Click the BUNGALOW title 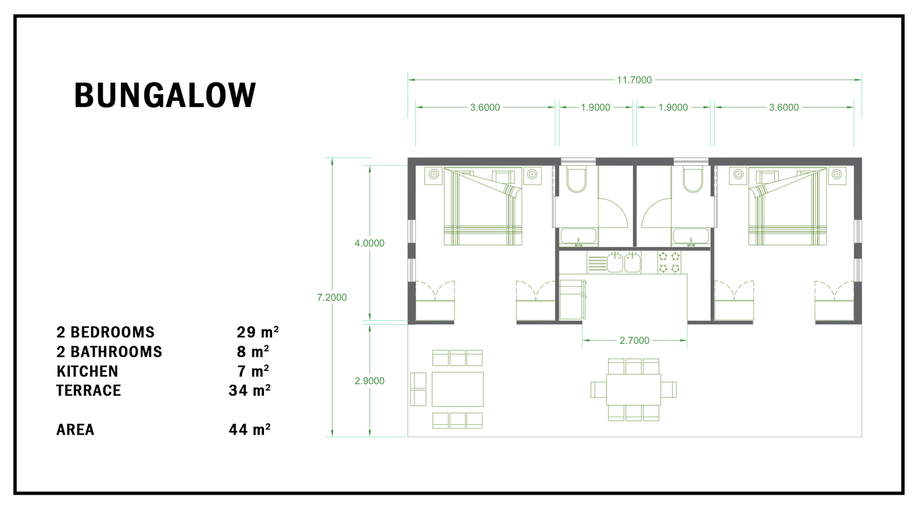point(165,95)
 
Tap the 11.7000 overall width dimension point(634,80)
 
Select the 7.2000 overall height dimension point(332,298)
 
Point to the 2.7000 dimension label point(635,341)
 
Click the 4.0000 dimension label point(369,243)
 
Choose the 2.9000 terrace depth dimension point(369,381)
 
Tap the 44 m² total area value point(250,429)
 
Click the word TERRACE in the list point(88,390)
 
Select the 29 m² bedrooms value point(258,332)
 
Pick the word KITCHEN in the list point(87,371)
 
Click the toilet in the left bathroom point(576,179)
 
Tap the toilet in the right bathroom point(693,179)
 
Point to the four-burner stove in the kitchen point(669,263)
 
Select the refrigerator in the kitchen point(573,299)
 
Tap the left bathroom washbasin point(578,237)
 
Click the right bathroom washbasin point(691,237)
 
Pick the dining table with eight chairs point(633,389)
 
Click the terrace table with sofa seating point(447,389)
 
